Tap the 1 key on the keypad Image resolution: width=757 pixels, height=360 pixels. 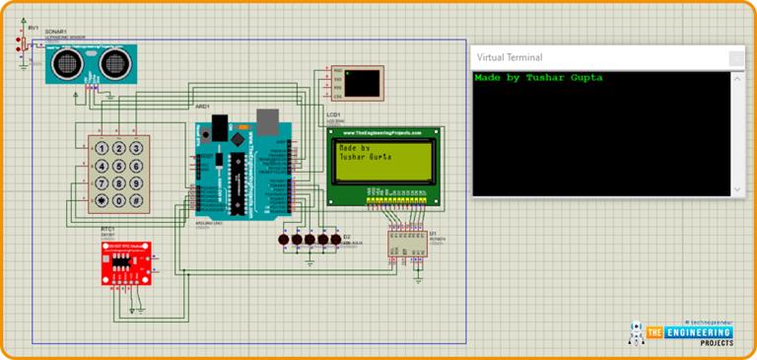[101, 147]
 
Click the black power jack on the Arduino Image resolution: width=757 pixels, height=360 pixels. [218, 125]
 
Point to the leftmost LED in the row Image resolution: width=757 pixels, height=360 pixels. [284, 240]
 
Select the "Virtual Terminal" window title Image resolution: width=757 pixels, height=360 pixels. [510, 57]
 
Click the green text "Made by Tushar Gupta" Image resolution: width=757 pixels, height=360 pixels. [537, 77]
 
